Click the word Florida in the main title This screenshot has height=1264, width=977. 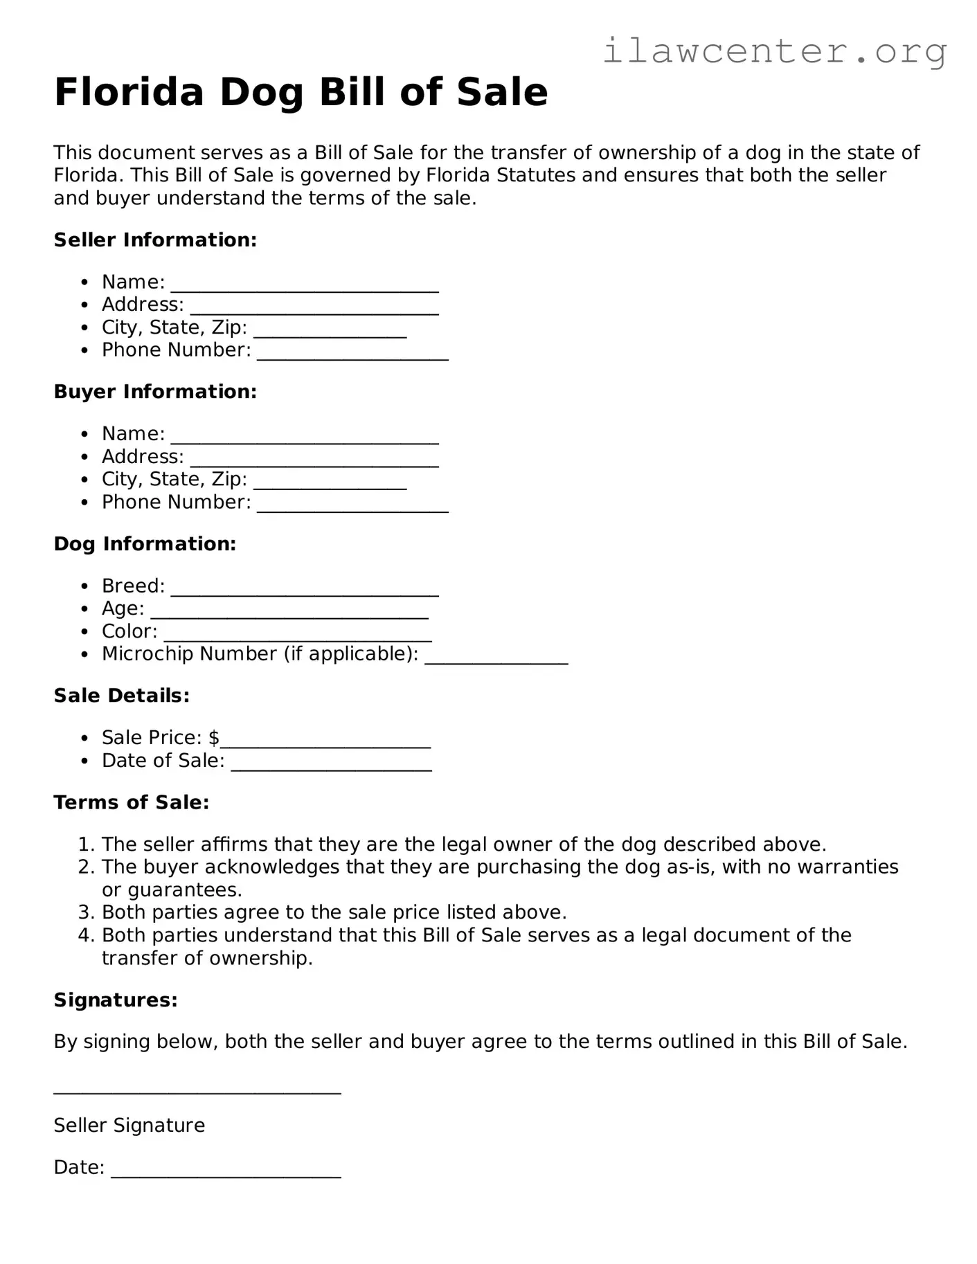(x=129, y=92)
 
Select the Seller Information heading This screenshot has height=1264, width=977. (x=155, y=240)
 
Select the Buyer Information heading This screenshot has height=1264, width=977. (x=155, y=392)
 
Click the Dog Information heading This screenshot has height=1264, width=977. (x=145, y=544)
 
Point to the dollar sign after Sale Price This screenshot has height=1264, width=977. (x=214, y=738)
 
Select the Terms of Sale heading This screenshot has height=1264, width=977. (x=131, y=802)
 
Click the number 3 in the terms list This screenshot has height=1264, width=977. (x=84, y=912)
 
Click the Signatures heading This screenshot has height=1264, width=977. (x=116, y=1000)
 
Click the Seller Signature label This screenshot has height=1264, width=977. (x=129, y=1126)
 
